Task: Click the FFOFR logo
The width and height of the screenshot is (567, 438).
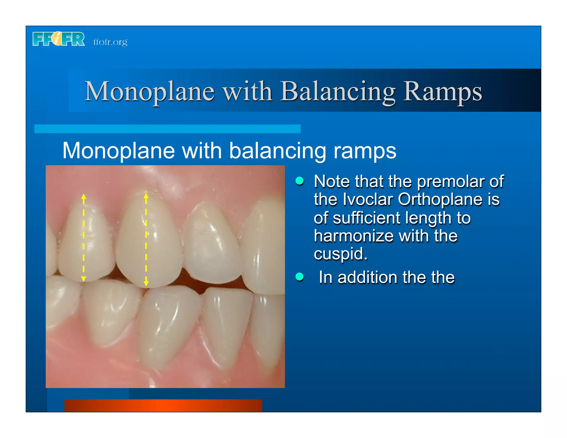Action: [58, 39]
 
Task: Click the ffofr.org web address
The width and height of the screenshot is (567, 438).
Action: [110, 42]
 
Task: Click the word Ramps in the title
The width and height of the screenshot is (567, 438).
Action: [442, 91]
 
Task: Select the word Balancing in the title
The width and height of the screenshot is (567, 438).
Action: [338, 91]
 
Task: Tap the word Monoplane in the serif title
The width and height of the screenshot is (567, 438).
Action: [150, 91]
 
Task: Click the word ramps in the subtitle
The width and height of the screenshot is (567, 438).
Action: [365, 151]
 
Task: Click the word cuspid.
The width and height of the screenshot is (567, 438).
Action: [340, 254]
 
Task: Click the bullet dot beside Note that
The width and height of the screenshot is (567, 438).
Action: [300, 181]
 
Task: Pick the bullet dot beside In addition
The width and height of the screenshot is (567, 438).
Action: [300, 277]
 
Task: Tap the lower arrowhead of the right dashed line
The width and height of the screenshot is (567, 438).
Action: [146, 283]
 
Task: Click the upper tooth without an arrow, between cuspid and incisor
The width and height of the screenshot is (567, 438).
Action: [212, 241]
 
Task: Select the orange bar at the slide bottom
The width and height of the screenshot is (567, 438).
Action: [163, 405]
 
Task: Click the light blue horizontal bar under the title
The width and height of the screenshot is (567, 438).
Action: [167, 129]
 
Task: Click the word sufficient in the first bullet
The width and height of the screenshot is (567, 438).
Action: [366, 218]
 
